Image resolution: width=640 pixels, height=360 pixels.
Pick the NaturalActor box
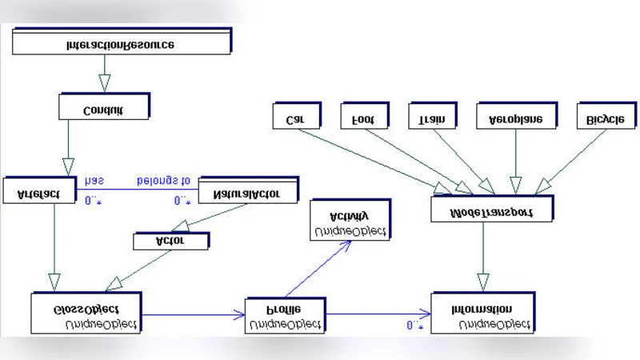247,191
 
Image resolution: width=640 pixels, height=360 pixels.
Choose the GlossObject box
86,313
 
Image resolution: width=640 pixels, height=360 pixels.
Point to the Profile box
285,316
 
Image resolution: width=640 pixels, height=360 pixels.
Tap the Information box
482,313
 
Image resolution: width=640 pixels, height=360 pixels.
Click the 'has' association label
94,182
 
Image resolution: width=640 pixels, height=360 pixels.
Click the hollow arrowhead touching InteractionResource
103,82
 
